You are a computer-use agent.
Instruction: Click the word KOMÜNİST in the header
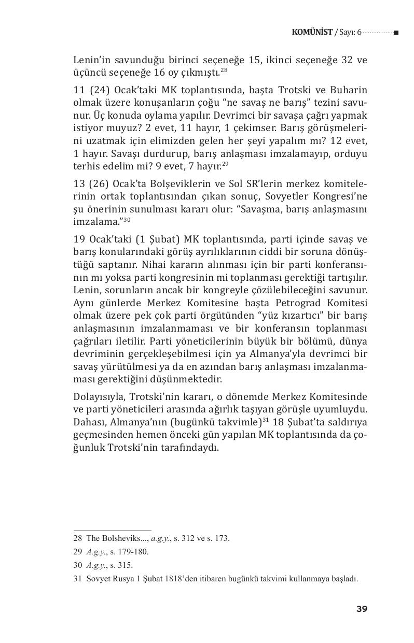(x=312, y=32)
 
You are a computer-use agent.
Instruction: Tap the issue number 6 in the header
(x=358, y=32)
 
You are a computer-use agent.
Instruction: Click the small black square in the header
(x=396, y=33)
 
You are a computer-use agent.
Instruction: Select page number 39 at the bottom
(x=362, y=609)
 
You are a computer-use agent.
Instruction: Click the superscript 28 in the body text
(x=224, y=70)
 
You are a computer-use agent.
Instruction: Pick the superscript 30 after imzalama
(x=127, y=220)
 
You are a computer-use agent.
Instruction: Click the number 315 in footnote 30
(x=125, y=565)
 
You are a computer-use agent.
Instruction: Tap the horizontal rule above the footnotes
(x=112, y=531)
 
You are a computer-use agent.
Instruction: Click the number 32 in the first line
(x=334, y=60)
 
